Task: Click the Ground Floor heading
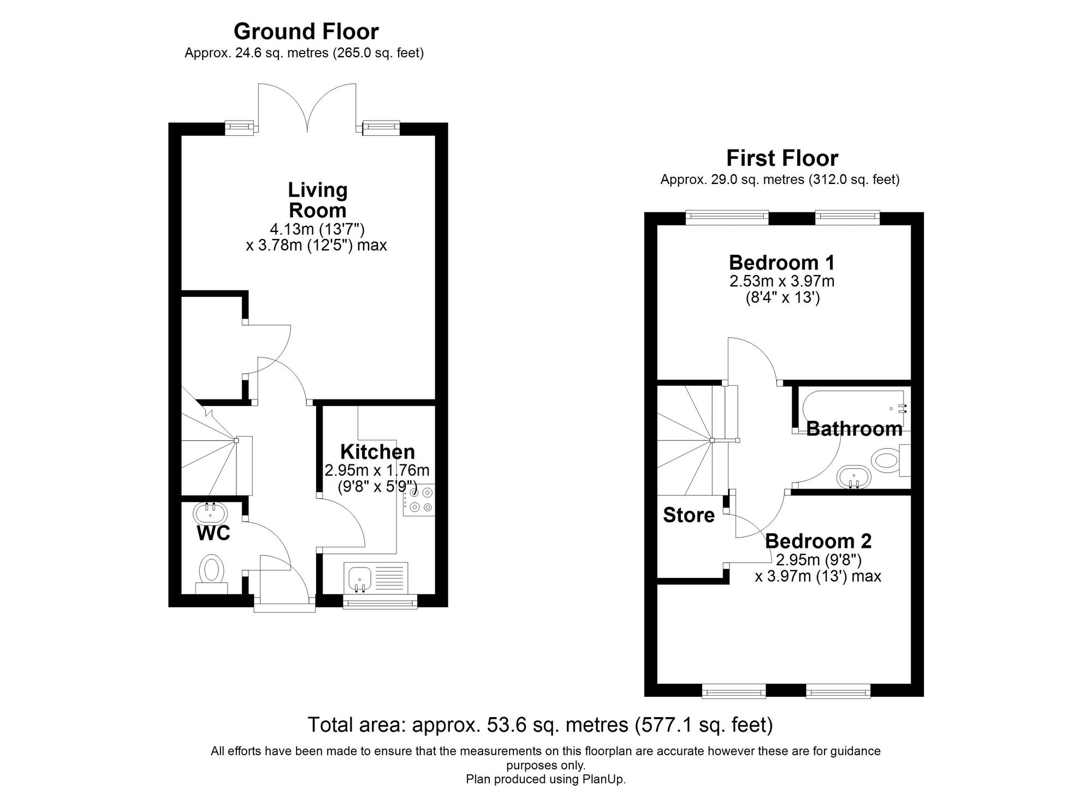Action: [x=306, y=32]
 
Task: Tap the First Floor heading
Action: [x=781, y=158]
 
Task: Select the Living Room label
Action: [x=317, y=200]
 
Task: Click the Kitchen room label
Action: [x=377, y=452]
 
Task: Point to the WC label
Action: [x=213, y=533]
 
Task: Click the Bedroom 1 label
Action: [x=781, y=263]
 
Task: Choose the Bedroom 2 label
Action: [x=818, y=541]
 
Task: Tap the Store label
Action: [x=689, y=515]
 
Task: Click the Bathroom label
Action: [x=854, y=429]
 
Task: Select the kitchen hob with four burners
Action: [x=419, y=500]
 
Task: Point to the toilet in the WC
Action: [x=212, y=572]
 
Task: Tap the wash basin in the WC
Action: [x=210, y=512]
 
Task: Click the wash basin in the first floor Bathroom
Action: [x=853, y=476]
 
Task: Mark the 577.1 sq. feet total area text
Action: [x=704, y=725]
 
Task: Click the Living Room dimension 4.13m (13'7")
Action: [x=317, y=229]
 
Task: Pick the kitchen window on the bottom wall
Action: [x=380, y=602]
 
